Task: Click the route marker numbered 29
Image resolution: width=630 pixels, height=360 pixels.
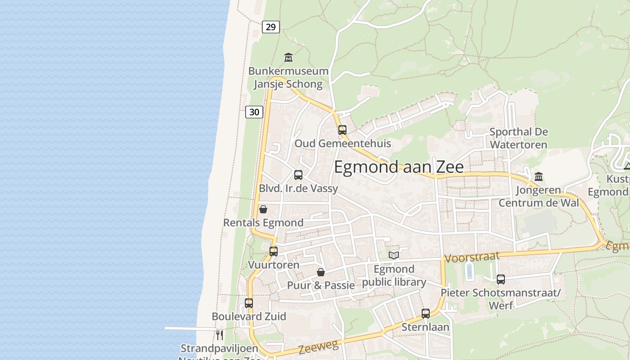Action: click(x=270, y=27)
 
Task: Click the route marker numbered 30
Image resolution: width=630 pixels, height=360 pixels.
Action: click(x=254, y=112)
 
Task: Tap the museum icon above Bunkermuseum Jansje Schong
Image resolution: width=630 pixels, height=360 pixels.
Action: click(x=288, y=58)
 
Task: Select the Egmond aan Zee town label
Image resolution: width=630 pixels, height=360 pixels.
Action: click(x=399, y=167)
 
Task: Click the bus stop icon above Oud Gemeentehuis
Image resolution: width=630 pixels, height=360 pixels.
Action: click(x=342, y=130)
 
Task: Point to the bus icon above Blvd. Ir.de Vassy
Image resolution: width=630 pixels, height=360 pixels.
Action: click(x=298, y=175)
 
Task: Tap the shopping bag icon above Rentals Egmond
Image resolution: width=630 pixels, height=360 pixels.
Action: click(x=263, y=209)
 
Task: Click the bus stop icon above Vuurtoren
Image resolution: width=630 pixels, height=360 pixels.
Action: click(x=274, y=252)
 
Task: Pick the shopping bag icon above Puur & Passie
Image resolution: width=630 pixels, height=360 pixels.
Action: click(x=321, y=272)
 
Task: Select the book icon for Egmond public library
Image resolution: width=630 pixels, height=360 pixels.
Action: click(x=394, y=256)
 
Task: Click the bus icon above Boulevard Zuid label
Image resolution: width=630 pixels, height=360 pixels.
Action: click(x=249, y=303)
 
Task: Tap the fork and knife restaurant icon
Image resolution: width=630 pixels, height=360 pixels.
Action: click(x=220, y=335)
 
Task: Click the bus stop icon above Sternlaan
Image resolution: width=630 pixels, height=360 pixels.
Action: click(x=426, y=314)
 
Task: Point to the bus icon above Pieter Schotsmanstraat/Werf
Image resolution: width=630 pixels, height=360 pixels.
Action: click(x=501, y=279)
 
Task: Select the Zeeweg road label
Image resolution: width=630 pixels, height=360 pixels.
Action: click(x=318, y=346)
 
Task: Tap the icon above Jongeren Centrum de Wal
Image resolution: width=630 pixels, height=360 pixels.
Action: click(x=538, y=177)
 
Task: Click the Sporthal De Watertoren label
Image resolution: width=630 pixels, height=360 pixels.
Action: click(x=518, y=138)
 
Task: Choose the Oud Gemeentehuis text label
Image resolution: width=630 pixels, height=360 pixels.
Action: click(x=342, y=144)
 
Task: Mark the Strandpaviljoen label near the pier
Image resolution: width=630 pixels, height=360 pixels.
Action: click(x=219, y=348)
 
